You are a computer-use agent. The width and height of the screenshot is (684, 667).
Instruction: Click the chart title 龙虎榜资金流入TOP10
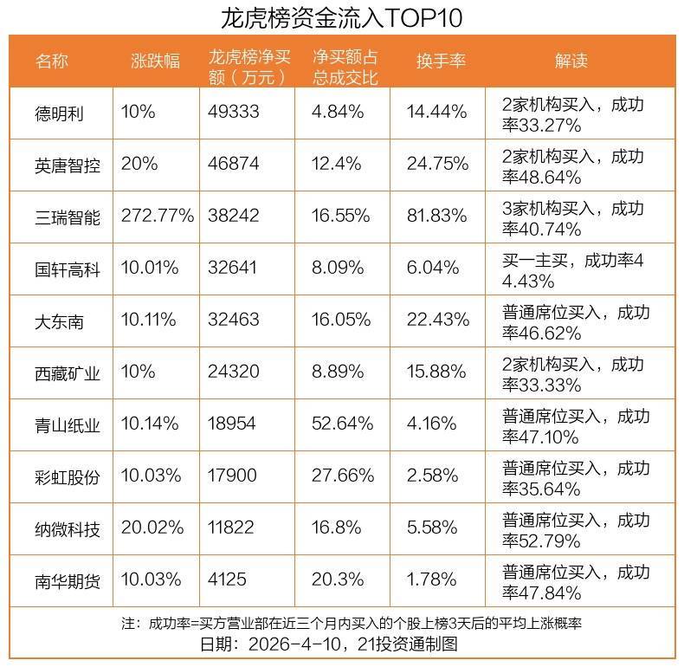pyautogui.click(x=342, y=17)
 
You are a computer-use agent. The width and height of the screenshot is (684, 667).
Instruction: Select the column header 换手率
pyautogui.click(x=441, y=61)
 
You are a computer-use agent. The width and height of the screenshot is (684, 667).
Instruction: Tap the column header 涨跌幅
pyautogui.click(x=155, y=61)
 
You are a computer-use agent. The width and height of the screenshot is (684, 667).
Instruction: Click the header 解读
pyautogui.click(x=571, y=61)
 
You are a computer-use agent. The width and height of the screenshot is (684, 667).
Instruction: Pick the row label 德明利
pyautogui.click(x=60, y=112)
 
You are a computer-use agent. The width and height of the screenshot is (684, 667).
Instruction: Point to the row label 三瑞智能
pyautogui.click(x=68, y=217)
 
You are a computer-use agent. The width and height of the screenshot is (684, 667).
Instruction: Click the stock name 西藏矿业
pyautogui.click(x=68, y=372)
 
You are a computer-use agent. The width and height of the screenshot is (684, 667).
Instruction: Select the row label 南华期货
pyautogui.click(x=68, y=580)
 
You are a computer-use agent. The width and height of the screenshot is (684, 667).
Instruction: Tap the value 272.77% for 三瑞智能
pyautogui.click(x=158, y=217)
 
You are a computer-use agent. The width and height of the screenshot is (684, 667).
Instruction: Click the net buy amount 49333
pyautogui.click(x=234, y=112)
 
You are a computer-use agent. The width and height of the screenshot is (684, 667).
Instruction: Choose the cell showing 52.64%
pyautogui.click(x=343, y=424)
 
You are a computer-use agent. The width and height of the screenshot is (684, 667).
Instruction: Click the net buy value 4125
pyautogui.click(x=229, y=580)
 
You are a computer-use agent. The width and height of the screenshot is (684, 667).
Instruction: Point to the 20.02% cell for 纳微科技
pyautogui.click(x=152, y=528)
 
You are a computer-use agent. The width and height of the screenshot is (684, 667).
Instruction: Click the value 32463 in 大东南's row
pyautogui.click(x=234, y=321)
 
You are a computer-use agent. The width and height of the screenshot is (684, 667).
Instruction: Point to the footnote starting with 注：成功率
pyautogui.click(x=342, y=624)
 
